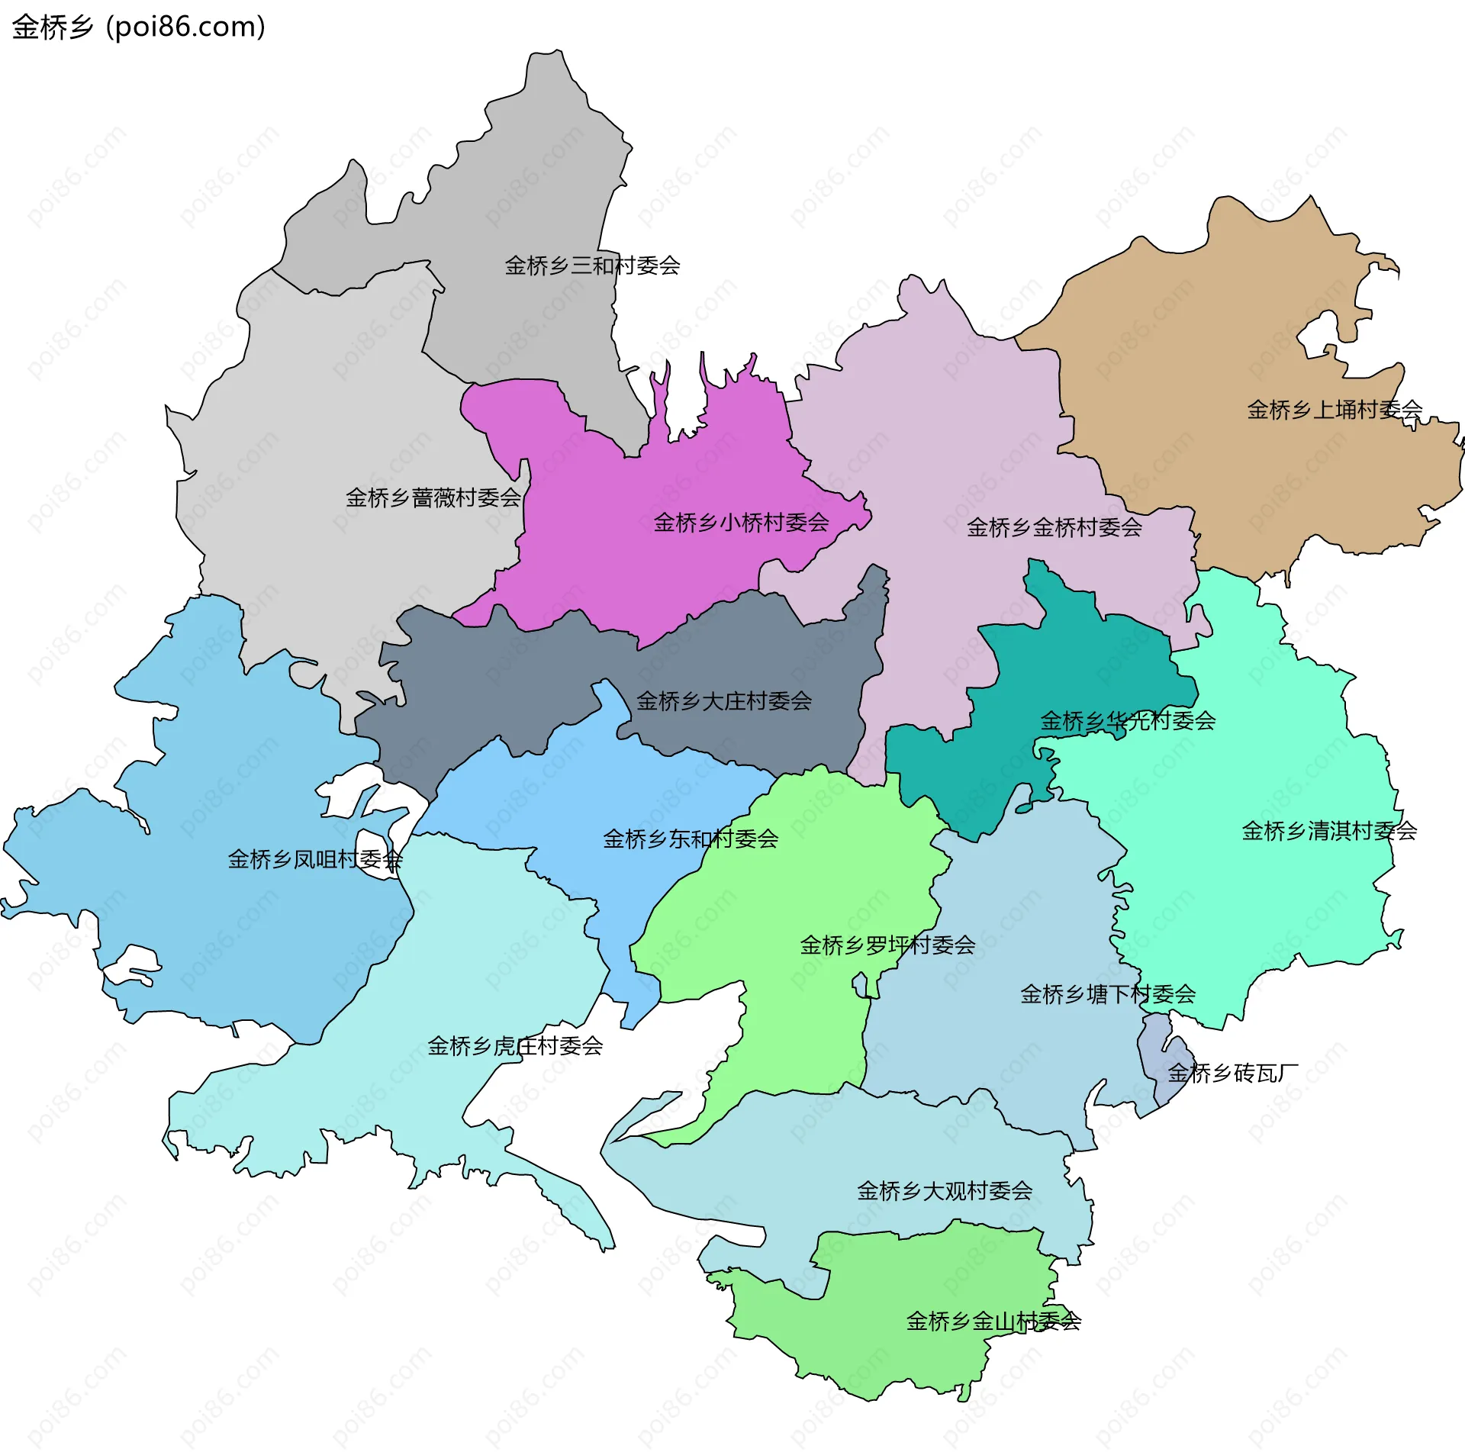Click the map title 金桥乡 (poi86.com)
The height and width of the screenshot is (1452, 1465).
click(x=139, y=27)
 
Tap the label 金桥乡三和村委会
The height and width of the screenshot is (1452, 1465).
click(x=592, y=266)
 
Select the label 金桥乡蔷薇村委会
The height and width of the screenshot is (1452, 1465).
click(x=433, y=498)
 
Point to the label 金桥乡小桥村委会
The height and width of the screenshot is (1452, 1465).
click(x=741, y=523)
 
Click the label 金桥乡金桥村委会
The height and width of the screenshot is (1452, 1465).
click(x=1054, y=527)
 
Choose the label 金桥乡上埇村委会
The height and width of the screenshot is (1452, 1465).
click(x=1335, y=410)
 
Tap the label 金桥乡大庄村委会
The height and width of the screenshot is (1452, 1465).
click(x=723, y=701)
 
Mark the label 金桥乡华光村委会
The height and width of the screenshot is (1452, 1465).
click(x=1128, y=720)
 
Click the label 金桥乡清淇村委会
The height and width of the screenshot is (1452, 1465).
click(x=1329, y=831)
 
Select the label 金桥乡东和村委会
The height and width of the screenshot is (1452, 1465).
click(x=691, y=839)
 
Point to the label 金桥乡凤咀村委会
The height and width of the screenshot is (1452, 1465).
click(x=315, y=860)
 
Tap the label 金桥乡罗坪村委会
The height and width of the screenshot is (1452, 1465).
click(x=887, y=945)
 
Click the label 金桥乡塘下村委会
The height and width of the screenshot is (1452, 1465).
click(x=1108, y=994)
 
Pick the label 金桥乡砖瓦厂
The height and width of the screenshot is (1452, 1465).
click(x=1232, y=1074)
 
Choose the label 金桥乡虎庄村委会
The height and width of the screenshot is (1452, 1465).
click(x=515, y=1046)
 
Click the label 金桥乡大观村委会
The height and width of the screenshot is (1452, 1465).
click(x=945, y=1191)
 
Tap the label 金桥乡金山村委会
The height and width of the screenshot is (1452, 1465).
click(x=993, y=1322)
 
